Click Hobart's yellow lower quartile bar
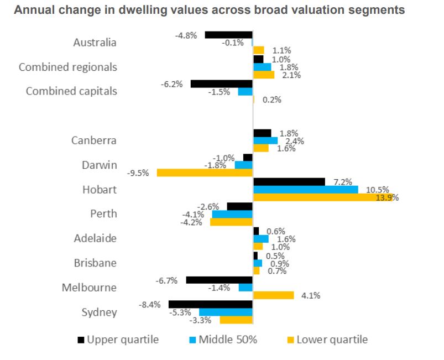coord(322,198)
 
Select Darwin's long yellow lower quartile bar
coord(205,173)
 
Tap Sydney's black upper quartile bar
coord(210,304)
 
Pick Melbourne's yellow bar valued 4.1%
coord(273,295)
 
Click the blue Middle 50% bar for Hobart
coord(305,190)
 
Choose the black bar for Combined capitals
coord(221,84)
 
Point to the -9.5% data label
coord(138,173)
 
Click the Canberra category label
coord(94,140)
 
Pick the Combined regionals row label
coord(68,67)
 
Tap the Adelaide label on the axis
coord(95,238)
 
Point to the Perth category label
coord(103,214)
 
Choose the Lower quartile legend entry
coord(331,340)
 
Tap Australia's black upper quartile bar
coord(228,35)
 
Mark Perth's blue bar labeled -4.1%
coord(232,214)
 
